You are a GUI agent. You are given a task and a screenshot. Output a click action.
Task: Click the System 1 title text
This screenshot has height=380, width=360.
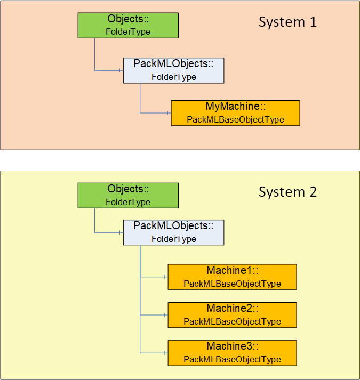click(x=287, y=22)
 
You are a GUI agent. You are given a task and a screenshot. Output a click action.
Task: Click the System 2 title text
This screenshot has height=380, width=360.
click(x=287, y=192)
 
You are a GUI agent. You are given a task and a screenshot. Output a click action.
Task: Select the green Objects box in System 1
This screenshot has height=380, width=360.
click(x=128, y=26)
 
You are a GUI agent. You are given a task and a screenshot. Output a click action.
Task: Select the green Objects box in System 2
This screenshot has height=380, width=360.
click(x=128, y=196)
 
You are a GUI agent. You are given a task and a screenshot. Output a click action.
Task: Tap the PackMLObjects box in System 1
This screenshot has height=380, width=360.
click(x=174, y=70)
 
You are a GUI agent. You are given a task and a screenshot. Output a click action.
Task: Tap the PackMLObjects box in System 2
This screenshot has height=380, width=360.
click(x=174, y=232)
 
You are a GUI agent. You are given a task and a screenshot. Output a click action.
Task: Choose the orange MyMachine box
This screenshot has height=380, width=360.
click(x=236, y=113)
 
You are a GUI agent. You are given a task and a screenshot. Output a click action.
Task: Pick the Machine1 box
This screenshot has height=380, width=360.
click(x=233, y=277)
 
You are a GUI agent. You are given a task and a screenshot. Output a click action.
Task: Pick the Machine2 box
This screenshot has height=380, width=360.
click(x=233, y=315)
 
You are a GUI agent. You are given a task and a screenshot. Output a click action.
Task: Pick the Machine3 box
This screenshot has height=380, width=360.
click(x=233, y=353)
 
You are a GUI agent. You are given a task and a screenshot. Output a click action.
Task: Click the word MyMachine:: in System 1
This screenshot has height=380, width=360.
click(x=236, y=107)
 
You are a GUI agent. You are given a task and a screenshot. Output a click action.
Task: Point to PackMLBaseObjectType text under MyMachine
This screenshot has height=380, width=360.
click(x=236, y=120)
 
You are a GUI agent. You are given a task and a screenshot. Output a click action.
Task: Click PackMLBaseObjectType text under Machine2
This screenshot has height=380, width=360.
click(x=233, y=321)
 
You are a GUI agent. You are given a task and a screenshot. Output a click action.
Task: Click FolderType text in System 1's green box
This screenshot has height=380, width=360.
click(x=128, y=32)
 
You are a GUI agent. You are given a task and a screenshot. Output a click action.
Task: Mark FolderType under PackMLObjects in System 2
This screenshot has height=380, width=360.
click(x=174, y=239)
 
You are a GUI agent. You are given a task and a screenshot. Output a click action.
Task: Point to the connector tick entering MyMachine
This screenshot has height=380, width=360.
click(x=167, y=113)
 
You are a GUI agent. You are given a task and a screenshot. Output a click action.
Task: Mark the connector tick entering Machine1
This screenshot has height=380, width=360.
click(x=164, y=277)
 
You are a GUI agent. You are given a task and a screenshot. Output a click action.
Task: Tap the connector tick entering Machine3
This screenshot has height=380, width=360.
click(x=164, y=353)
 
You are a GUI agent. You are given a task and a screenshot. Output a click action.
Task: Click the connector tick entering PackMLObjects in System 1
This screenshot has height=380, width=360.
click(x=120, y=70)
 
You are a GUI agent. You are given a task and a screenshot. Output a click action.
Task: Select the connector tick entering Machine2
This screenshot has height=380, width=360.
click(x=164, y=315)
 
